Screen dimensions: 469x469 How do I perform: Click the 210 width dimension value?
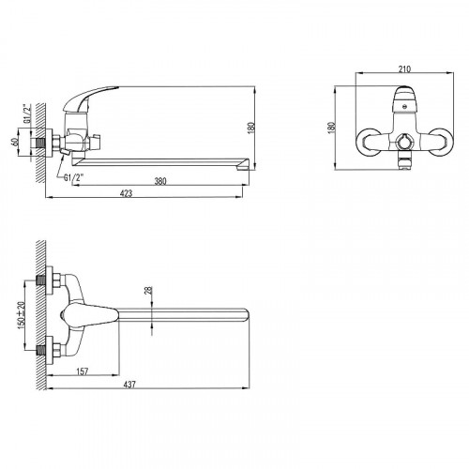[x=404, y=69]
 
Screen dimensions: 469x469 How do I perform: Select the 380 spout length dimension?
[x=160, y=181]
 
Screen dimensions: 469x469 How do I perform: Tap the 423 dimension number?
[x=127, y=193]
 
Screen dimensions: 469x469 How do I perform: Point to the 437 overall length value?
[x=129, y=385]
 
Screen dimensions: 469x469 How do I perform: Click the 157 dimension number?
[x=83, y=371]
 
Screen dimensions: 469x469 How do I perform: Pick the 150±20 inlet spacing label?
[x=21, y=315]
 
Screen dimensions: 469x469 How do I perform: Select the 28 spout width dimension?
[x=148, y=290]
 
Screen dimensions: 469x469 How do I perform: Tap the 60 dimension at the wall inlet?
[x=14, y=143]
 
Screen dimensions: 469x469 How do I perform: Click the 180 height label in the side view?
[x=251, y=128]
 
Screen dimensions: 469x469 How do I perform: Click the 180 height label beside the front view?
[x=332, y=128]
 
